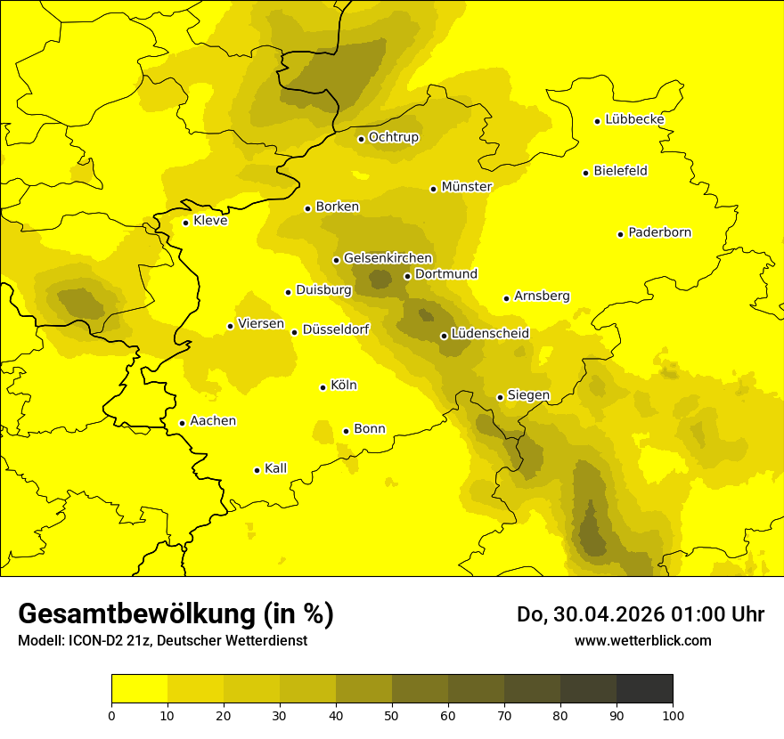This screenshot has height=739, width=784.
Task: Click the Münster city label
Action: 467,187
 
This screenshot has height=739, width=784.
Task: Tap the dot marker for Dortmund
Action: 407,276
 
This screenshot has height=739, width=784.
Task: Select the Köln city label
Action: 344,386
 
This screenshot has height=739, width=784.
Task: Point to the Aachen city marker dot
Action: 182,423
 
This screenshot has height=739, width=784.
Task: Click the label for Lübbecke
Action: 634,119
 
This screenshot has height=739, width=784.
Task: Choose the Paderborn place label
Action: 660,232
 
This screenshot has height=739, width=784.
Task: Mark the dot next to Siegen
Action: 500,397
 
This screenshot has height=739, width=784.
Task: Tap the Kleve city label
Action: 210,221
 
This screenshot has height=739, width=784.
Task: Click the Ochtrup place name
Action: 394,137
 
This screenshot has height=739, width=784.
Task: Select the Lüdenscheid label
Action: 490,334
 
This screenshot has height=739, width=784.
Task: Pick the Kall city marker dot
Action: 257,470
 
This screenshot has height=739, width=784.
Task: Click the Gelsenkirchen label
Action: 388,258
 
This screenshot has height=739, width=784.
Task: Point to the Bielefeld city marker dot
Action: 585,173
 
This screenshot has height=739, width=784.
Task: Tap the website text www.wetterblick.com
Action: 642,640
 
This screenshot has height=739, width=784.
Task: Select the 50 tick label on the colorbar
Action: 392,714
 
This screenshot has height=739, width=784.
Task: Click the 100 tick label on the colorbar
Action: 673,714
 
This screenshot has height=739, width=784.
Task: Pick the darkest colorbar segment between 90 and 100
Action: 644,688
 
